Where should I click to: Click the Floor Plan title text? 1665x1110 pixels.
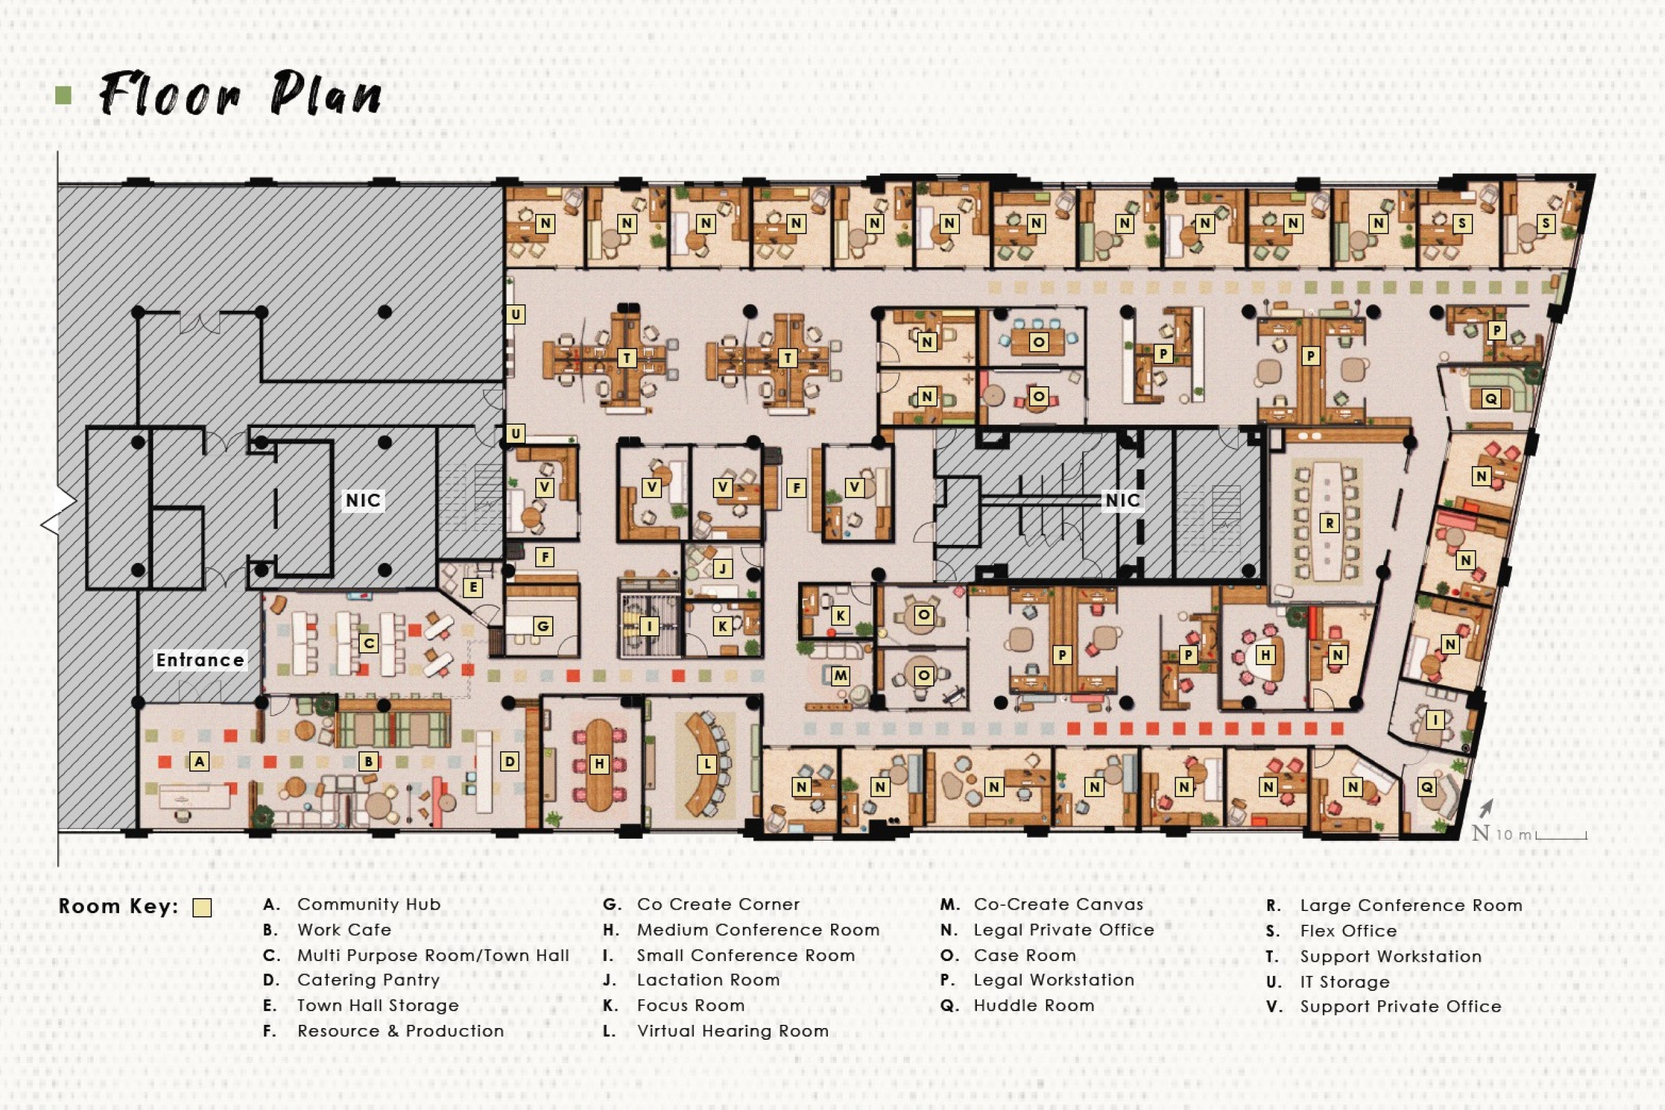click(x=241, y=94)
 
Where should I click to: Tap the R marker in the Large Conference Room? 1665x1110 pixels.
click(x=1329, y=523)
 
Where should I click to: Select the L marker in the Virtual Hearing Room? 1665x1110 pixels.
click(x=706, y=764)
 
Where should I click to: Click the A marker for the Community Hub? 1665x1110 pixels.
click(x=200, y=761)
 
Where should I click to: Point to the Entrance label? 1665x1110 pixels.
click(x=200, y=660)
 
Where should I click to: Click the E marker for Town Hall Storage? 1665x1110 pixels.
click(x=473, y=587)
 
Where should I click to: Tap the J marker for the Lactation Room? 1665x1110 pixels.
click(x=722, y=568)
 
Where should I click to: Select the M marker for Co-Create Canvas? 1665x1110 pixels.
click(x=840, y=676)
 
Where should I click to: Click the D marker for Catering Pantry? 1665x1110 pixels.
click(x=509, y=761)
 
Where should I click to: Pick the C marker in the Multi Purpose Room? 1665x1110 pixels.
click(x=368, y=642)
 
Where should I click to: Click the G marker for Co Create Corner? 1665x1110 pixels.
click(x=543, y=626)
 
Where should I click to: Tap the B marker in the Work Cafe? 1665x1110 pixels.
click(x=368, y=761)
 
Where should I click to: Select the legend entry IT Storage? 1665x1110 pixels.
click(x=1344, y=982)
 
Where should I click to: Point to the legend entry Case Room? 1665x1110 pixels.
click(x=1024, y=956)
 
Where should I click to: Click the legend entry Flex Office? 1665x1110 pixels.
click(x=1348, y=931)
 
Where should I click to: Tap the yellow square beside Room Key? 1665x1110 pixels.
click(x=202, y=908)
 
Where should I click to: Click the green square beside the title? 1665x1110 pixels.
click(x=64, y=95)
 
